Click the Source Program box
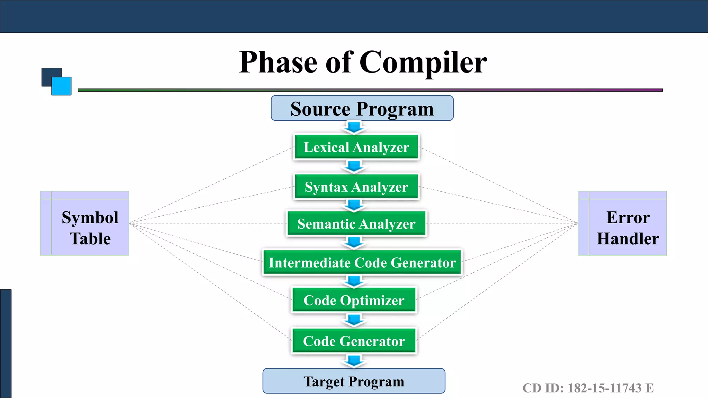362,108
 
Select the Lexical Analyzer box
356,147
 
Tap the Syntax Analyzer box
356,187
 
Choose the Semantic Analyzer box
356,224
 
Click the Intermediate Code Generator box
362,263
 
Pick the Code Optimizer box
354,300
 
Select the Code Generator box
354,341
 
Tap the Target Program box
354,381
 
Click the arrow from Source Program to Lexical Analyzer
354,127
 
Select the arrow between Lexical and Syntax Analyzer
354,167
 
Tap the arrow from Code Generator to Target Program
354,361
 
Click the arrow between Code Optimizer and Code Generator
354,320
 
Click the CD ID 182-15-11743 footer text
588,388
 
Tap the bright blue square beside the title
62,86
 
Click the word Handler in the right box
628,239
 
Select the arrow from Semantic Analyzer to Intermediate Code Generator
354,243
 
